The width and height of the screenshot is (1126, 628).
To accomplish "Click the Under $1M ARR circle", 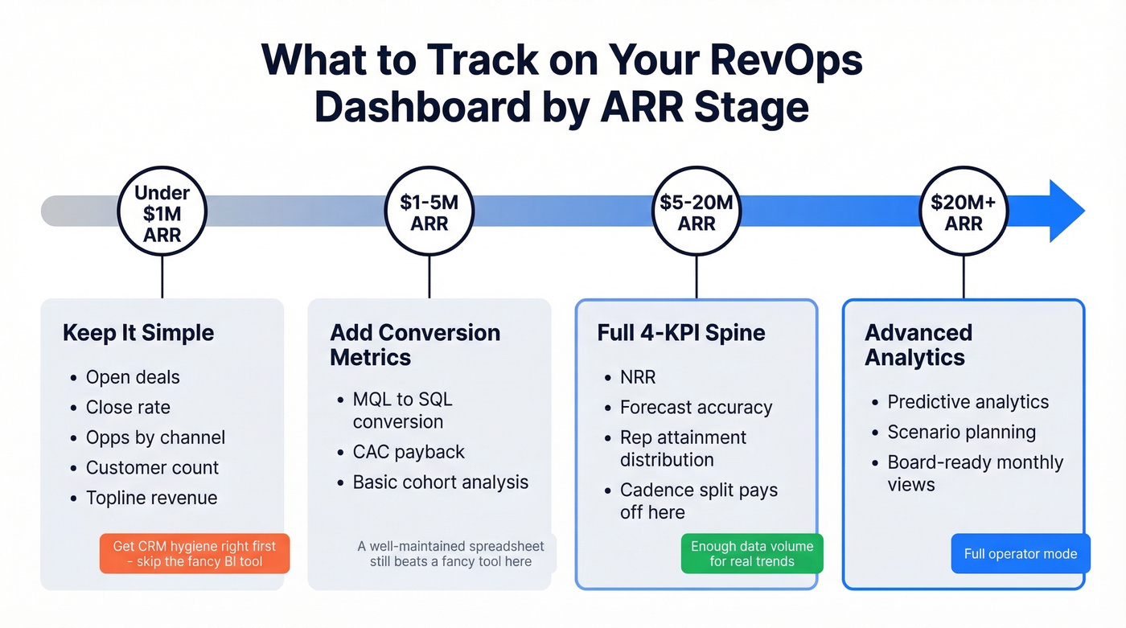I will pos(162,213).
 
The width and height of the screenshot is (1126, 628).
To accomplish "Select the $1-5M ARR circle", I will pos(429,213).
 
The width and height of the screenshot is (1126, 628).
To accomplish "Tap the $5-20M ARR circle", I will pos(696,213).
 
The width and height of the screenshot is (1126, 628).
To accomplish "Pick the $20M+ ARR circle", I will pos(963,213).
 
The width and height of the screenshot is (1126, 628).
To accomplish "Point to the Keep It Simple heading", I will pos(138,333).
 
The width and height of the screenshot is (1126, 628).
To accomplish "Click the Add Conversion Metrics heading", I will pos(415,345).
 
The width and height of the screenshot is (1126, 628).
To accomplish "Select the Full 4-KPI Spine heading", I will pos(680,333).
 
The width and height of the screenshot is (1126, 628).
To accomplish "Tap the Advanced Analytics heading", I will pos(918,345).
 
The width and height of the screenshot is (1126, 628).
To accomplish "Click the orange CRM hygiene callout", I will pos(194,553).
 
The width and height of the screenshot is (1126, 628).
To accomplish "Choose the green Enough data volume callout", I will pos(752,553).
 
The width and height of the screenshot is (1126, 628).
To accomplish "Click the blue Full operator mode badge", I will pos(1020,554).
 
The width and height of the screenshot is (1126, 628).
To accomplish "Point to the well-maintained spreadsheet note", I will pos(450,553).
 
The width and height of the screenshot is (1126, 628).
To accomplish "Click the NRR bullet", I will pos(638,377).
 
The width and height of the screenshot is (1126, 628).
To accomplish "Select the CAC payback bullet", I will pos(409,452).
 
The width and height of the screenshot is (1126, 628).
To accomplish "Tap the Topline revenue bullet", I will pos(151,498).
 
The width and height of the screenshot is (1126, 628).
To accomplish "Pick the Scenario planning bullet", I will pos(961,432).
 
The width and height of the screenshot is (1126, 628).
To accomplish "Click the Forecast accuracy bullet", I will pos(696,407).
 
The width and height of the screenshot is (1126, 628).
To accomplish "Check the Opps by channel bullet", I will pos(155,437).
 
